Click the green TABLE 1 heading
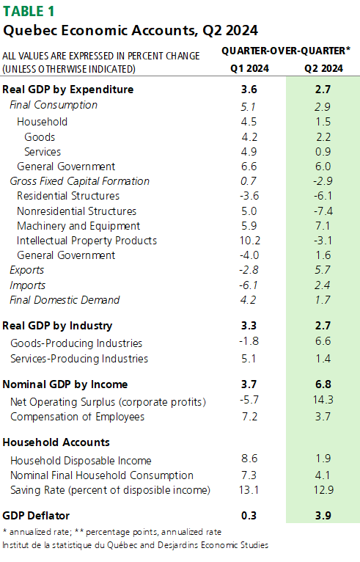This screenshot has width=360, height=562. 29,11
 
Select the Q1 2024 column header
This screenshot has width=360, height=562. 249,68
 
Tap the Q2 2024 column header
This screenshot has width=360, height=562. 323,68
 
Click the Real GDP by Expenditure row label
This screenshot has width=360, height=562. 67,90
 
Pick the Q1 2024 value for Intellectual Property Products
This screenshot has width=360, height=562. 250,241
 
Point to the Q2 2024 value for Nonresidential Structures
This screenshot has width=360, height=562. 323,211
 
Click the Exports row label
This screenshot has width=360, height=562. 27,270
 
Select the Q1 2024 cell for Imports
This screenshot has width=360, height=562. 249,285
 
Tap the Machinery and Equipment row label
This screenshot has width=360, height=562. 78,226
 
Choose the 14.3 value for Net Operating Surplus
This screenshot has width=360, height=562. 323,400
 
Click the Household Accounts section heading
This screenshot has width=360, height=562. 56,442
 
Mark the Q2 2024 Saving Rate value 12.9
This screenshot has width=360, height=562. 323,490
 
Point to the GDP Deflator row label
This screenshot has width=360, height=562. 36,515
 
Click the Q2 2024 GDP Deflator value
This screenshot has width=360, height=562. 323,515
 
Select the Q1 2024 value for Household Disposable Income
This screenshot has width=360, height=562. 249,459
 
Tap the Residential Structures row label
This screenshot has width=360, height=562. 68,196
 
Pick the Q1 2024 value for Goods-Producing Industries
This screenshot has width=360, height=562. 249,341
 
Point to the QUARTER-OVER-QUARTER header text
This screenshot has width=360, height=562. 286,51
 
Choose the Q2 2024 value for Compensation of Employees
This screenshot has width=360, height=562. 323,417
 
